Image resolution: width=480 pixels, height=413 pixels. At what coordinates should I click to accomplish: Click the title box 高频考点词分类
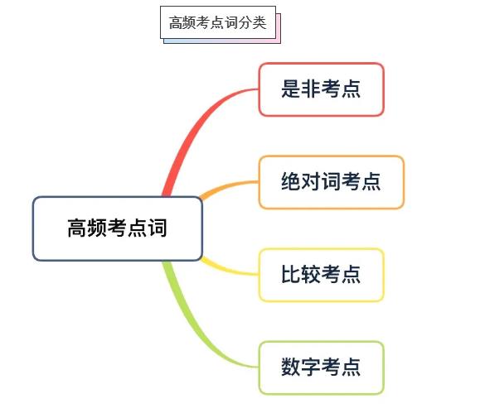(218, 22)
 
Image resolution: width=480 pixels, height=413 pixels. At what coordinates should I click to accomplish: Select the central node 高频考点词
(118, 228)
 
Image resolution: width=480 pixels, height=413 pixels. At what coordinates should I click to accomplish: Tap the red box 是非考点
(321, 89)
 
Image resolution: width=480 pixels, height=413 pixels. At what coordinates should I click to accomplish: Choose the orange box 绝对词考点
(332, 182)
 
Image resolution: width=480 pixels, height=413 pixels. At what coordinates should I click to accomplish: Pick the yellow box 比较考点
(321, 275)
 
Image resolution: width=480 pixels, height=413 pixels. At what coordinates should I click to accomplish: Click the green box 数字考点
(321, 367)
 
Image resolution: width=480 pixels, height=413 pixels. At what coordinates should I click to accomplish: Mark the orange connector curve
(228, 186)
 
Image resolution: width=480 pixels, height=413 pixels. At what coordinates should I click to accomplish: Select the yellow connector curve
(228, 269)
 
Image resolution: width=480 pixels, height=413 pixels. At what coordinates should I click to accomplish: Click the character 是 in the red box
(291, 89)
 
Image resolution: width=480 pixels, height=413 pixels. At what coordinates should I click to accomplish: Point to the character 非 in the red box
(311, 89)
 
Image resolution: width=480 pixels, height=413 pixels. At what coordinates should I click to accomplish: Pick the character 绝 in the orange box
(291, 181)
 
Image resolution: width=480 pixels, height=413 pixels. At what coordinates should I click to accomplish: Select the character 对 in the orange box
(311, 181)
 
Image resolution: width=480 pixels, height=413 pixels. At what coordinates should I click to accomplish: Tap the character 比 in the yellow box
(291, 274)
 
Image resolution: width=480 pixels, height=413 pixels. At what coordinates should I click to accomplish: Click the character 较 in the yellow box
(311, 274)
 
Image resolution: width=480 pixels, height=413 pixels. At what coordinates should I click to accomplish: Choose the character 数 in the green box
(291, 367)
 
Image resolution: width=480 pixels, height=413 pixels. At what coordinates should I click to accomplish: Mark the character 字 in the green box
(311, 367)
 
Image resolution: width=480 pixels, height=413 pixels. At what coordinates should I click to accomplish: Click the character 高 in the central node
(77, 228)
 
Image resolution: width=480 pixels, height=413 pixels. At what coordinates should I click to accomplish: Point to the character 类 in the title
(259, 23)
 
